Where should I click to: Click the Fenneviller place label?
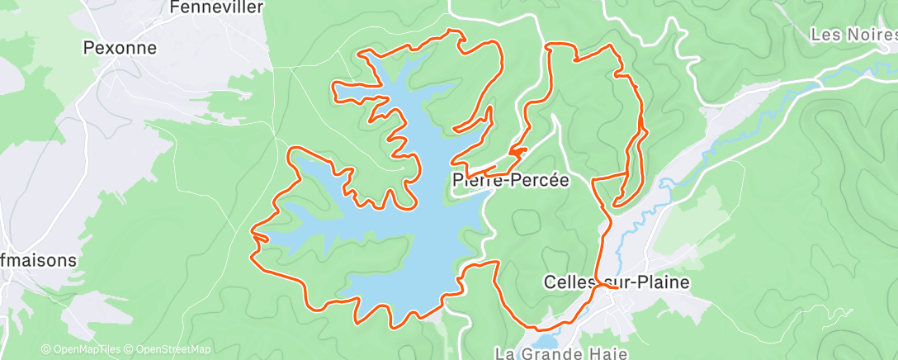pos(215,7)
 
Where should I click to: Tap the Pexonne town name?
pos(121,49)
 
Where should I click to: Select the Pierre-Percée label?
pos(511,181)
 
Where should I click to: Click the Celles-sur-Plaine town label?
pos(617,282)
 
